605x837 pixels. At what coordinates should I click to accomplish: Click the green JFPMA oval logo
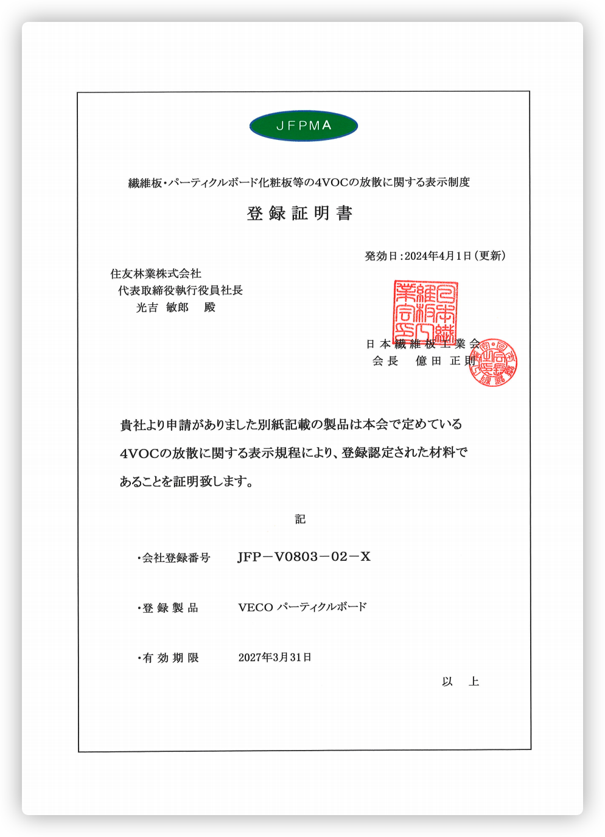303,126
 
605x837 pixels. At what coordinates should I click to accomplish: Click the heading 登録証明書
299,214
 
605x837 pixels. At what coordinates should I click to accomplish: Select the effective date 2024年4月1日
438,256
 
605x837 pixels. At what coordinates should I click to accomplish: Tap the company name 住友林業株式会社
156,274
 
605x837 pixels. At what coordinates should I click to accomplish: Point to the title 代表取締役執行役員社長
180,291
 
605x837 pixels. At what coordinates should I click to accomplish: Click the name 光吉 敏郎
163,308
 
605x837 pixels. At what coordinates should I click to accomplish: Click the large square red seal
425,313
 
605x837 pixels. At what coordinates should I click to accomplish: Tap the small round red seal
494,363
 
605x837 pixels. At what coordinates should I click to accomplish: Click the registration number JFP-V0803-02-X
304,557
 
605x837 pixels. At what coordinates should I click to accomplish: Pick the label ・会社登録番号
173,558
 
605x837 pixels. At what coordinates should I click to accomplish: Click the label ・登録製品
168,608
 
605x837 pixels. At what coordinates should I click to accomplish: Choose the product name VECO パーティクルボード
302,607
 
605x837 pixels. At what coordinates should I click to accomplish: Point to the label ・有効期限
168,658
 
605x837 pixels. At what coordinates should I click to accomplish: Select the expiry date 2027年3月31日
275,658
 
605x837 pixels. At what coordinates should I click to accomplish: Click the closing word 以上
461,682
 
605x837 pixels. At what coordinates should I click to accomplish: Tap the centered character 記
300,519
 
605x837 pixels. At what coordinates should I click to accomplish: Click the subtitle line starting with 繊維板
299,182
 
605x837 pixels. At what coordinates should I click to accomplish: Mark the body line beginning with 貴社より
291,425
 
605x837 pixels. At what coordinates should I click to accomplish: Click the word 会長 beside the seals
385,361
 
